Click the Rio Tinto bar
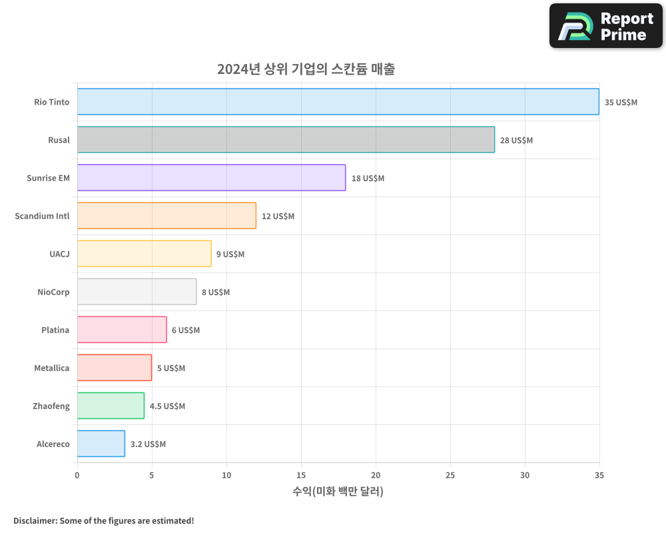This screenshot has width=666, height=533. pos(338,102)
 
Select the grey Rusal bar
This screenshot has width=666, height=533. pos(286,140)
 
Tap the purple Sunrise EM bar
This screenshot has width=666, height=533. pos(211,178)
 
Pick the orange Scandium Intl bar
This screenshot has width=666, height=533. pos(166,216)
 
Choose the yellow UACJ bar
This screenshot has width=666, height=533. pos(144,254)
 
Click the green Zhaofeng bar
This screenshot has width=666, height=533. pos(111,406)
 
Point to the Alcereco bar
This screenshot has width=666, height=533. pos(101,444)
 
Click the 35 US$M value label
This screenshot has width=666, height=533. pos(621,103)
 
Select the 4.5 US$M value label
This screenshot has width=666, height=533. pos(167,406)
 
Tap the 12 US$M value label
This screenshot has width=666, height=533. pos(278,217)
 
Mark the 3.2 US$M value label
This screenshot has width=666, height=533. pos(148,444)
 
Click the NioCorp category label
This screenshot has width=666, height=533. pos(53,292)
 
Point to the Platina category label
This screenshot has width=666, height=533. pos(55,330)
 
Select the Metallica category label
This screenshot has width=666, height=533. pos(51,368)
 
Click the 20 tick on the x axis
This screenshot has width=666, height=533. pos(376,475)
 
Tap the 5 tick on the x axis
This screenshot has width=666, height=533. pos(152,475)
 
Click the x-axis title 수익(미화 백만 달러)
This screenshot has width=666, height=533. pos(338,492)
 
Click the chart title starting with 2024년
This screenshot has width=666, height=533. pos(306,69)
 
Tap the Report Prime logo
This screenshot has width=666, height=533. pos(606,26)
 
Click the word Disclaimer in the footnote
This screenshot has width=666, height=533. pos(34,520)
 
